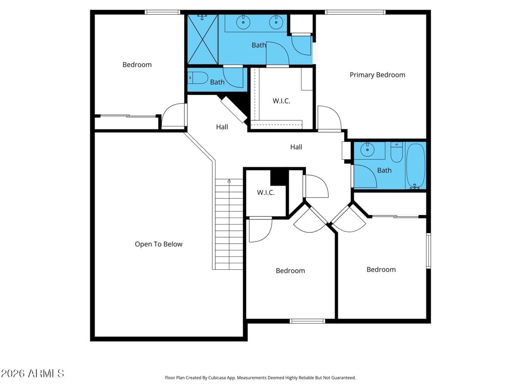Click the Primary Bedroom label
377,75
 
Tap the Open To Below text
158,244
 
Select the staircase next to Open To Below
229,224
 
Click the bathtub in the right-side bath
415,166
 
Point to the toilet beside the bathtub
396,152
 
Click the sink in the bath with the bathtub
368,149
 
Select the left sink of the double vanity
244,21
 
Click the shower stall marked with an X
202,39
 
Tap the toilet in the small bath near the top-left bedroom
198,78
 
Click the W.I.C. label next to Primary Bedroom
281,101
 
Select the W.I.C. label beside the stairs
266,192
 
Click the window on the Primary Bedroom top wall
355,12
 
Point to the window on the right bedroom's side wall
429,251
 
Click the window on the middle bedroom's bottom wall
307,321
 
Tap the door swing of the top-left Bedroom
174,116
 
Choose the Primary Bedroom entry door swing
329,118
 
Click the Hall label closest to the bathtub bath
296,147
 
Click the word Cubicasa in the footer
222,378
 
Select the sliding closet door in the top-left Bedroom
128,116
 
